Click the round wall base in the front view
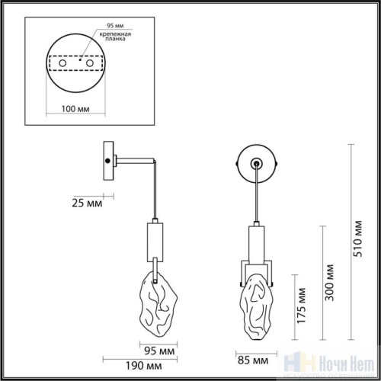(x=256, y=162)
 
